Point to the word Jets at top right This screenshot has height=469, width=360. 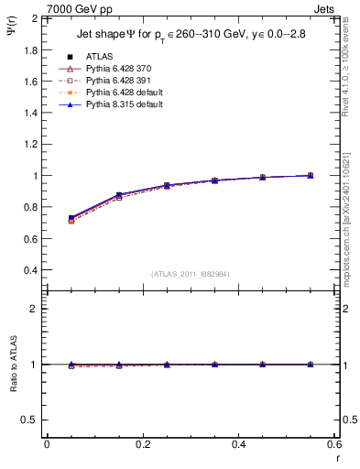[326, 7]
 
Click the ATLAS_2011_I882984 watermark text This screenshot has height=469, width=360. [191, 274]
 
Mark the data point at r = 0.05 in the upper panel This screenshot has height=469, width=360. [71, 219]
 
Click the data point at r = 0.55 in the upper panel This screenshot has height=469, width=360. [310, 175]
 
